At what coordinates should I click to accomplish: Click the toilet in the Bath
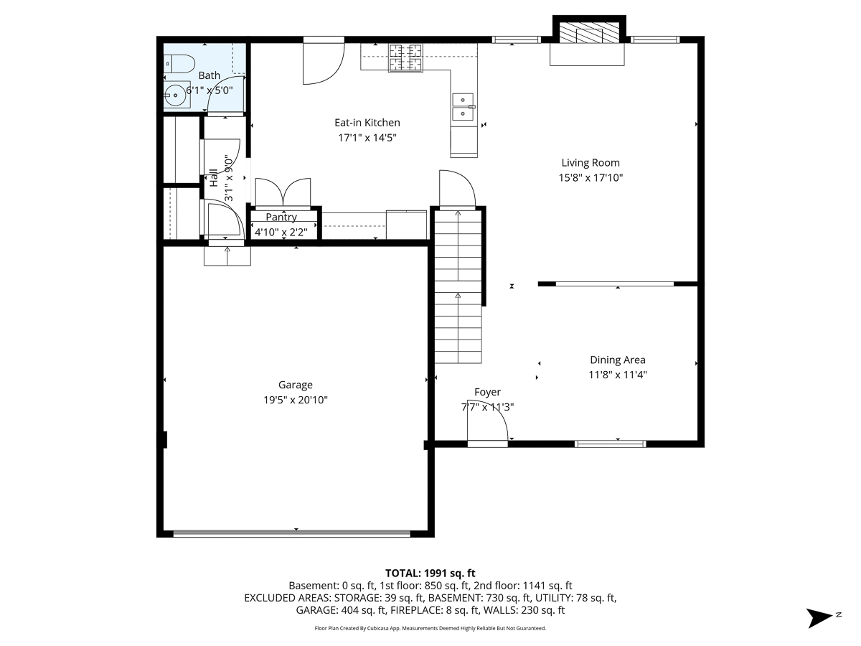[x=179, y=63]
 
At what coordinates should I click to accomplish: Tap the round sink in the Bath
[x=175, y=93]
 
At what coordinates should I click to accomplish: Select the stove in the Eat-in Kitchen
[x=406, y=57]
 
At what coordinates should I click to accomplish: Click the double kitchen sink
[x=464, y=106]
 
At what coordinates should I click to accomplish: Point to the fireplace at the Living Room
[x=588, y=33]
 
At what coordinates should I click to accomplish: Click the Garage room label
[x=296, y=385]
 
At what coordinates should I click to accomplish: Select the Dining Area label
[x=617, y=360]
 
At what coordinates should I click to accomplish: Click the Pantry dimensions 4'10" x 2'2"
[x=281, y=232]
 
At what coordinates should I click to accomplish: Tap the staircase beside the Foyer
[x=458, y=287]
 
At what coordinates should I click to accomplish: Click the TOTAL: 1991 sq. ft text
[x=430, y=573]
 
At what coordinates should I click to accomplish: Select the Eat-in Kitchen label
[x=367, y=123]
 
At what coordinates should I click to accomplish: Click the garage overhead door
[x=292, y=533]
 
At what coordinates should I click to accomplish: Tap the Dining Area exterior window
[x=611, y=444]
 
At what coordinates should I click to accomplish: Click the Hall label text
[x=214, y=178]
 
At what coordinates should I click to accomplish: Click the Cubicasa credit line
[x=430, y=628]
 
